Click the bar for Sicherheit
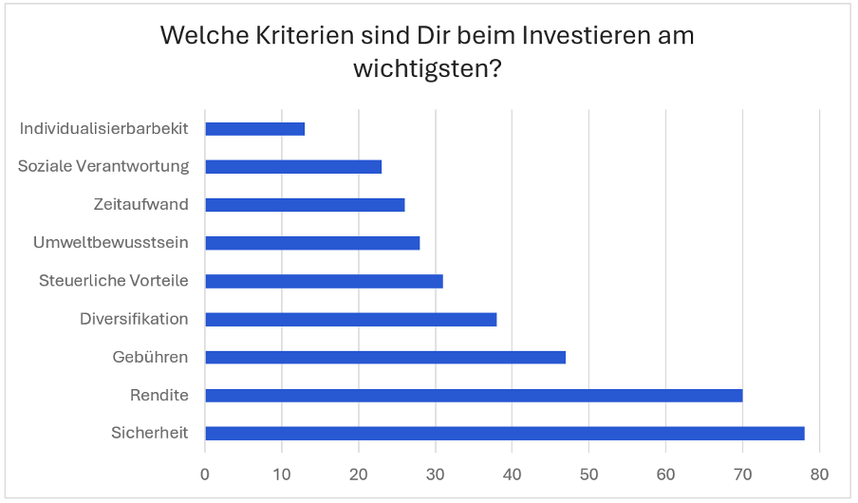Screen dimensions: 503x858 pyautogui.click(x=504, y=434)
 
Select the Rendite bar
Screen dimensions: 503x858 pyautogui.click(x=474, y=395)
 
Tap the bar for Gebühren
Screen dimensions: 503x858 pyautogui.click(x=385, y=357)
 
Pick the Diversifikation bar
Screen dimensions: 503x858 pyautogui.click(x=350, y=319)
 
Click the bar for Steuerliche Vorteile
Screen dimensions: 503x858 pyautogui.click(x=324, y=281)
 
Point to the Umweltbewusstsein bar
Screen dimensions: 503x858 pyautogui.click(x=312, y=243)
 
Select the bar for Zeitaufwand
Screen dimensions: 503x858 pyautogui.click(x=305, y=204)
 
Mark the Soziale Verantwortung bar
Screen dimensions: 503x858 pyautogui.click(x=293, y=166)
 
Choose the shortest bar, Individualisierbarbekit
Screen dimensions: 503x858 pyautogui.click(x=254, y=128)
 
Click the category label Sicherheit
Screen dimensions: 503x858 pyautogui.click(x=149, y=434)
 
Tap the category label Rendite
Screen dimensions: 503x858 pyautogui.click(x=159, y=395)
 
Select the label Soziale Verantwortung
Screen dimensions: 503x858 pyautogui.click(x=103, y=166)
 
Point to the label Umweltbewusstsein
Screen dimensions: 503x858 pyautogui.click(x=111, y=243)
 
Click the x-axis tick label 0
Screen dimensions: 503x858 pyautogui.click(x=205, y=474)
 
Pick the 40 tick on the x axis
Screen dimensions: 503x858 pyautogui.click(x=513, y=474)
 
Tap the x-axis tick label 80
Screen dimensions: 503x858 pyautogui.click(x=819, y=474)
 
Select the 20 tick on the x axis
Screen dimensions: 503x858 pyautogui.click(x=359, y=474)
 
